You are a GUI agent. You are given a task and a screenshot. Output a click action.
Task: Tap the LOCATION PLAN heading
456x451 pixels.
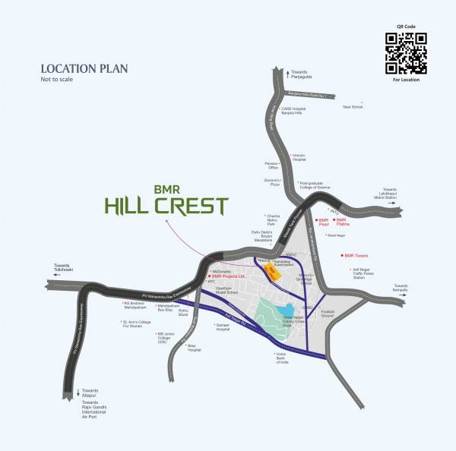pyautogui.click(x=84, y=68)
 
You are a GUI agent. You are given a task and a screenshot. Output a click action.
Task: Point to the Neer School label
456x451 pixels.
pyautogui.click(x=352, y=107)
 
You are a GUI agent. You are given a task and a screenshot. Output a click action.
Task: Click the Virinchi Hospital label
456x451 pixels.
pyautogui.click(x=299, y=158)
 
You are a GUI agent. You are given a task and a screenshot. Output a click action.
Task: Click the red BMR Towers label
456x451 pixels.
pyautogui.click(x=357, y=256)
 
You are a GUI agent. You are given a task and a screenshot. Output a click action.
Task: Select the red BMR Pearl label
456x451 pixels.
pyautogui.click(x=323, y=222)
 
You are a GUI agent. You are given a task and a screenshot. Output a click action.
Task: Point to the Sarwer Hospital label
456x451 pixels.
pyautogui.click(x=222, y=328)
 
